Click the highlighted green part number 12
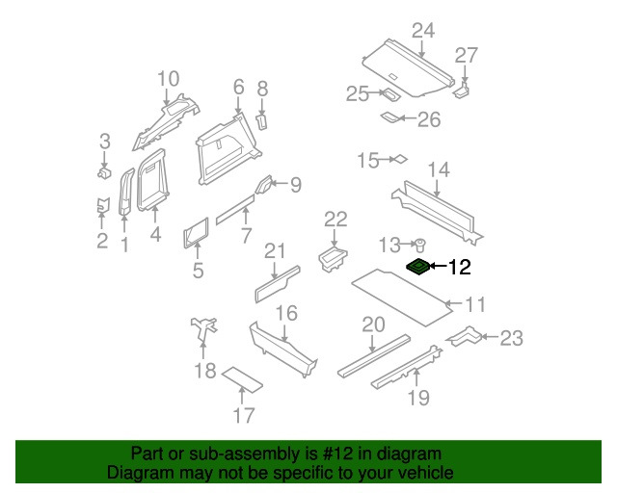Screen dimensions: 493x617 pyautogui.click(x=418, y=267)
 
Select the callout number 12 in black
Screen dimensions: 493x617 pyautogui.click(x=460, y=268)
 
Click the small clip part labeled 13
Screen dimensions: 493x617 pyautogui.click(x=420, y=245)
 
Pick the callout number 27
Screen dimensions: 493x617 pyautogui.click(x=466, y=54)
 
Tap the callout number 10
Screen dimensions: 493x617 pyautogui.click(x=168, y=78)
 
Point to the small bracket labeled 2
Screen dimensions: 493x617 pyautogui.click(x=101, y=205)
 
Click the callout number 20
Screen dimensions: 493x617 pyautogui.click(x=372, y=324)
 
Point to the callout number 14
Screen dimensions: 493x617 pyautogui.click(x=438, y=170)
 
